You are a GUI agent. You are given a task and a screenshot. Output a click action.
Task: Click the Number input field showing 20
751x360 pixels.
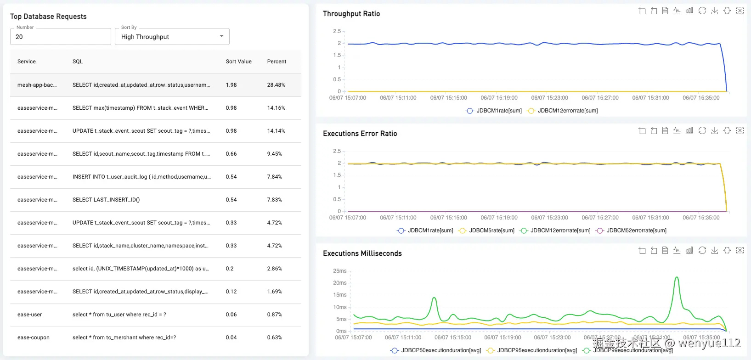(60, 37)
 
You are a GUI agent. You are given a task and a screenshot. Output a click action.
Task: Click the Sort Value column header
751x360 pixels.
(238, 62)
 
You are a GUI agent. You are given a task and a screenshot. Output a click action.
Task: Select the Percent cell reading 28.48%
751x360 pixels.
(276, 85)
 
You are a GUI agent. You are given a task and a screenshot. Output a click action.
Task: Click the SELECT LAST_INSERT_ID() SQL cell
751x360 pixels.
(106, 200)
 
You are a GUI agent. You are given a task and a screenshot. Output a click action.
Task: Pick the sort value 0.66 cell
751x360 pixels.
(231, 154)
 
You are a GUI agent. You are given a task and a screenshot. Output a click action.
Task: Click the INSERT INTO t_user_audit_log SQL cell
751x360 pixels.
(141, 177)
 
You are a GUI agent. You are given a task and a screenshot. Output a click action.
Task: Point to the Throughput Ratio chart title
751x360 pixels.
(351, 14)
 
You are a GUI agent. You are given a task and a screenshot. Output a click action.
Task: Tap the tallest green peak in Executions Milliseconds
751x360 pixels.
(677, 277)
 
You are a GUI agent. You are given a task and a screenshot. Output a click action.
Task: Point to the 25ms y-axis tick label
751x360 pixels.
(339, 271)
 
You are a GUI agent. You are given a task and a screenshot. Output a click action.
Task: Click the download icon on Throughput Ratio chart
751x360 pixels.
(715, 11)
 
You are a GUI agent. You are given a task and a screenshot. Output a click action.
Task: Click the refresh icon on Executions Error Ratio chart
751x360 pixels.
(702, 130)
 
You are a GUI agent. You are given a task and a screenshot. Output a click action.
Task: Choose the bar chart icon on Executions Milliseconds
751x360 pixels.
(689, 250)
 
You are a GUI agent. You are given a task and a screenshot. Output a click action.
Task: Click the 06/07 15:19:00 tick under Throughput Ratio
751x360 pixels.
(499, 98)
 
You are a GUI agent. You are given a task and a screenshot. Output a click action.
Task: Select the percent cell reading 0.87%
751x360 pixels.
(274, 315)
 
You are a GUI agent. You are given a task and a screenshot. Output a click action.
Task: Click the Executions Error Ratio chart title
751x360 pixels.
(360, 134)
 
